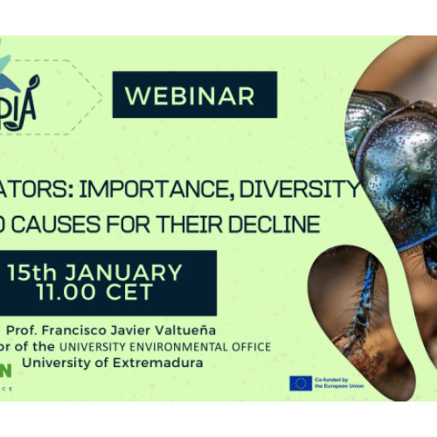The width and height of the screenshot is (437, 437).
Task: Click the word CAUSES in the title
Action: pos(86,225)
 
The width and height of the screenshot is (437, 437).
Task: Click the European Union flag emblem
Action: pos(301,382)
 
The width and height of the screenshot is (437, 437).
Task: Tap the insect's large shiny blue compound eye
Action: pos(398,157)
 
